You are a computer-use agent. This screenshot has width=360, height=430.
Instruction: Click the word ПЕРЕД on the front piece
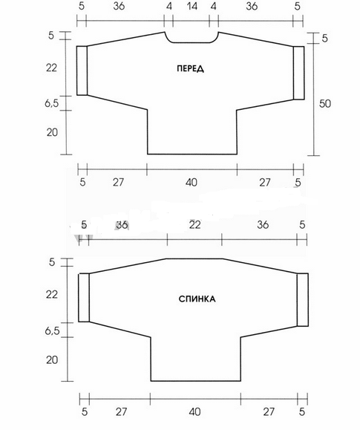click(x=190, y=68)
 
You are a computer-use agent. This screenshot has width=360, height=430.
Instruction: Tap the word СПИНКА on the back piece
click(x=197, y=299)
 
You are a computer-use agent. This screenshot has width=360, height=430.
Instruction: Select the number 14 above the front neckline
click(x=192, y=6)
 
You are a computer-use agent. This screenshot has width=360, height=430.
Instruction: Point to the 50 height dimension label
click(x=325, y=104)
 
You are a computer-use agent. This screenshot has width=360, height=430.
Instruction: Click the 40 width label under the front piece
click(x=191, y=182)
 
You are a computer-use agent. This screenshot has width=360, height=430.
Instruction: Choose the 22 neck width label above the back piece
click(x=195, y=224)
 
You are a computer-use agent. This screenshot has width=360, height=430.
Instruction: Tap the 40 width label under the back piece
click(x=194, y=411)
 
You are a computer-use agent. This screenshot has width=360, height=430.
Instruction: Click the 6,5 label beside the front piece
click(x=52, y=103)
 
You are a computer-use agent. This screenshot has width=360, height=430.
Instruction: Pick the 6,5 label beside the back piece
click(x=52, y=330)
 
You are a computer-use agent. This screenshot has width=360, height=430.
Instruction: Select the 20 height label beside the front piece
click(x=52, y=132)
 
